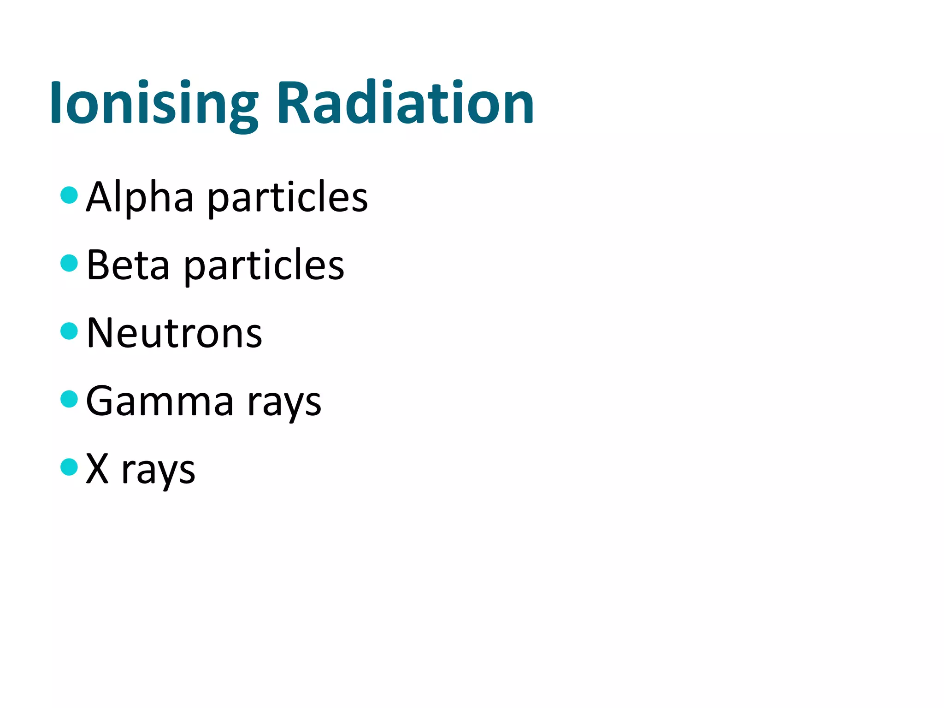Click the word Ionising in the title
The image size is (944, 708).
tap(154, 104)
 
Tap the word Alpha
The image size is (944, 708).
tap(140, 197)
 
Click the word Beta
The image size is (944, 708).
tap(128, 265)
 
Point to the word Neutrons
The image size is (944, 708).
tap(174, 333)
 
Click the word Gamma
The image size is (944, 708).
tap(159, 401)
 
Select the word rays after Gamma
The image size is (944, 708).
tap(284, 403)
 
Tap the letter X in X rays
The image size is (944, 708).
tap(97, 469)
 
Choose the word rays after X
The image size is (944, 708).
tap(158, 472)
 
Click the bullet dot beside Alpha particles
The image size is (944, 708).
tap(69, 195)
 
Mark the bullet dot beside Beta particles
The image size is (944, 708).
tap(69, 263)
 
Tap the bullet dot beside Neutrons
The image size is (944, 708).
tap(69, 331)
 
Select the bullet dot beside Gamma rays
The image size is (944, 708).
tap(69, 399)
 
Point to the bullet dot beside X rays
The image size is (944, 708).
tap(69, 467)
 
